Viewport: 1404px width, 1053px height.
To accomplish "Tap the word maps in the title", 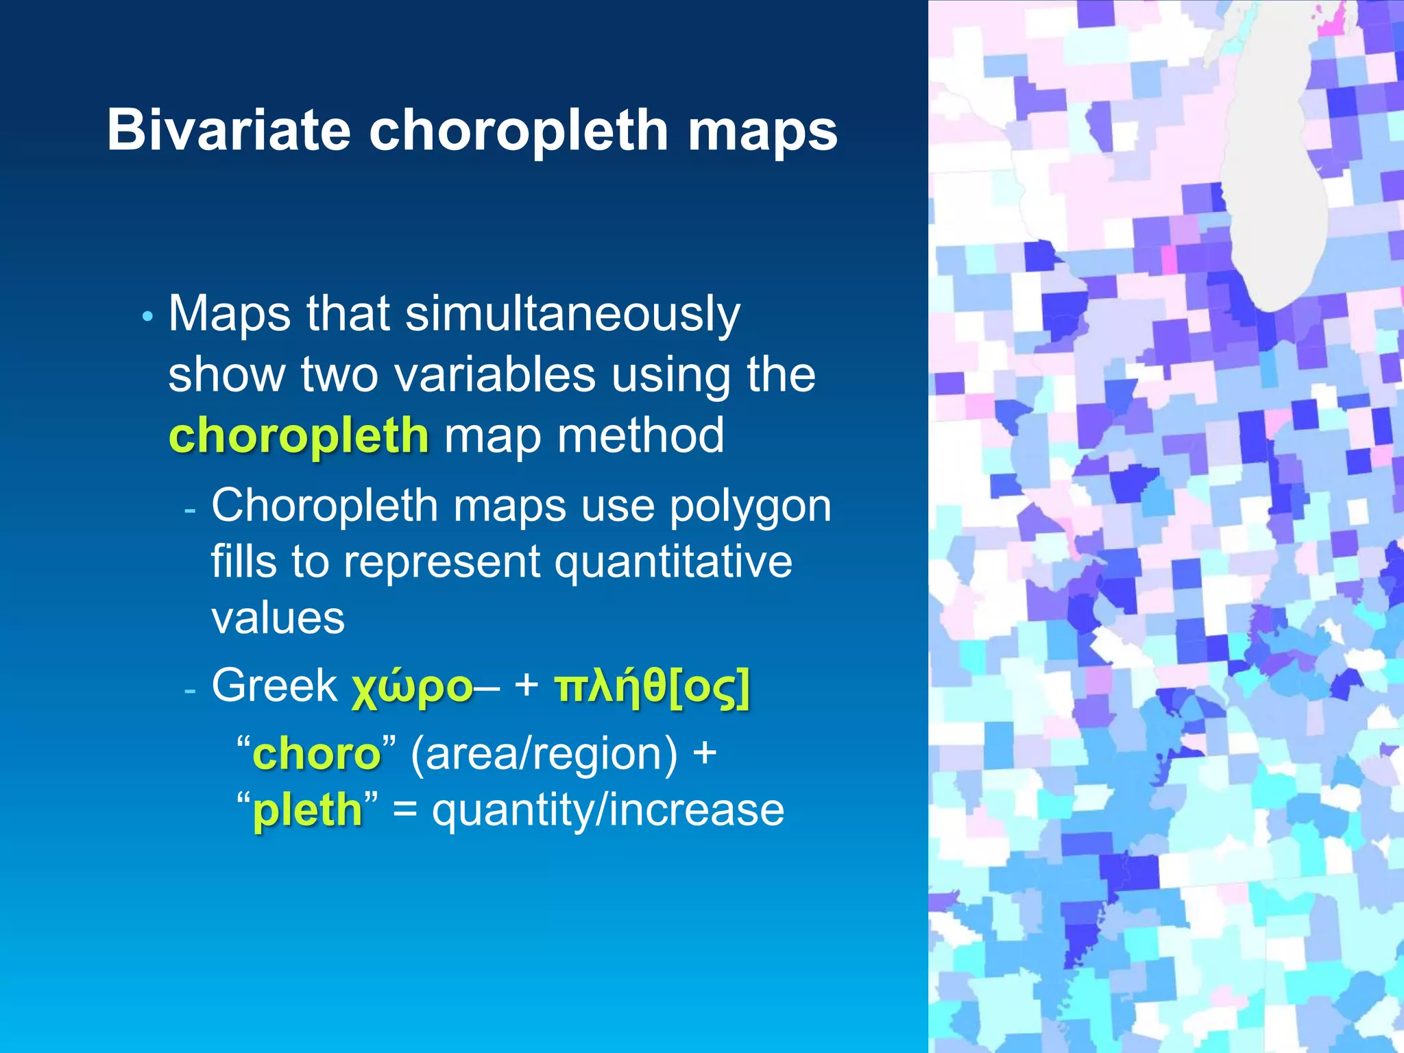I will point(762,132).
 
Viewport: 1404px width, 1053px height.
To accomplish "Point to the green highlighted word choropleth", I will point(299,435).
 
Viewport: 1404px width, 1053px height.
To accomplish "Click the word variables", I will point(494,375).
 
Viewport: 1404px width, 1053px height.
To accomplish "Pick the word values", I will point(278,618).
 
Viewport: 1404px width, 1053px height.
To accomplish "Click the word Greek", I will point(274,685).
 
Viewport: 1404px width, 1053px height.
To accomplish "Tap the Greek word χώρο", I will point(412,687).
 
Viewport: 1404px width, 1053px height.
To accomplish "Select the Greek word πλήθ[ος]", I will point(652,687).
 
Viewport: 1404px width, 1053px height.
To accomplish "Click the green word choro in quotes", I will point(317,754).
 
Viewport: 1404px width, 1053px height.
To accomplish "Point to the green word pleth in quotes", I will point(308,810).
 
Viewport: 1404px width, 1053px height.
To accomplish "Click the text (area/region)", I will point(544,754).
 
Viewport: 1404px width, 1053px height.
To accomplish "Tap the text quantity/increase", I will point(608,810).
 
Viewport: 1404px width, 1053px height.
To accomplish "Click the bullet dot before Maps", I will point(147,317).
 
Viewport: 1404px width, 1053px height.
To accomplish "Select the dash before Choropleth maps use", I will point(191,511).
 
